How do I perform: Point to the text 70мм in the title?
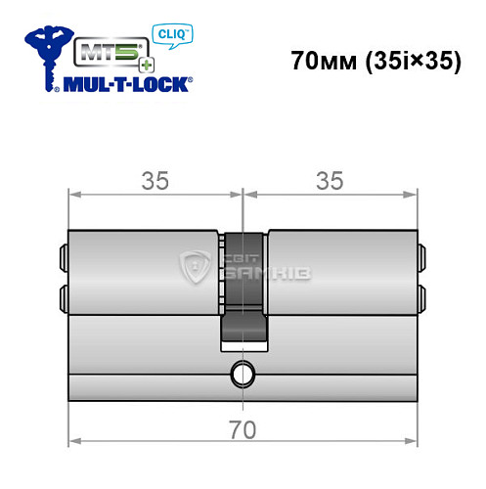(x=322, y=61)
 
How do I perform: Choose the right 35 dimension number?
(x=331, y=181)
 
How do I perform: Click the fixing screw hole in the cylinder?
(x=240, y=374)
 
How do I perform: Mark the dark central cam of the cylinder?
(x=242, y=293)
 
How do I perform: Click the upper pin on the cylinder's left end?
(x=63, y=257)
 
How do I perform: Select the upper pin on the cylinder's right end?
(x=422, y=257)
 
